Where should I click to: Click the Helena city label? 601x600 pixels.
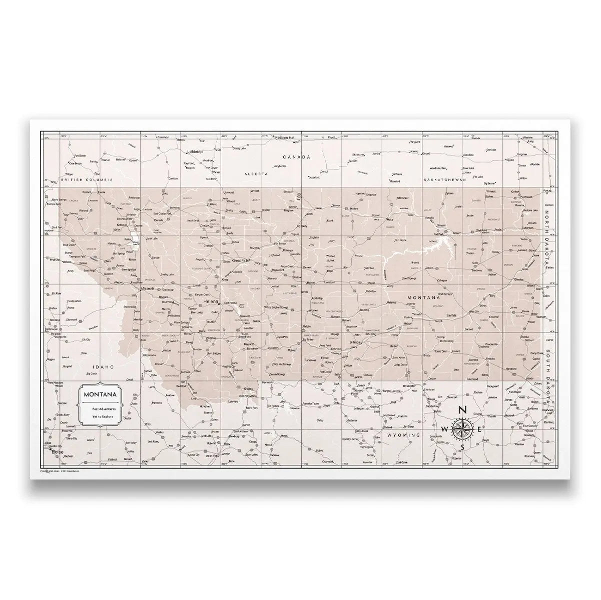(x=211, y=302)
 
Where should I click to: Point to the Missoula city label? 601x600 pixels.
(x=148, y=288)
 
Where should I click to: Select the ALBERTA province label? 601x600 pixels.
(x=253, y=173)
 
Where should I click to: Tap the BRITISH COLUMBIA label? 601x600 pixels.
(x=87, y=179)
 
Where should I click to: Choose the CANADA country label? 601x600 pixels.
(x=298, y=156)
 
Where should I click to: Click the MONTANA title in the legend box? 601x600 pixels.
(x=101, y=394)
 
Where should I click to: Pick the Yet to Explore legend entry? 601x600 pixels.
(x=102, y=416)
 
